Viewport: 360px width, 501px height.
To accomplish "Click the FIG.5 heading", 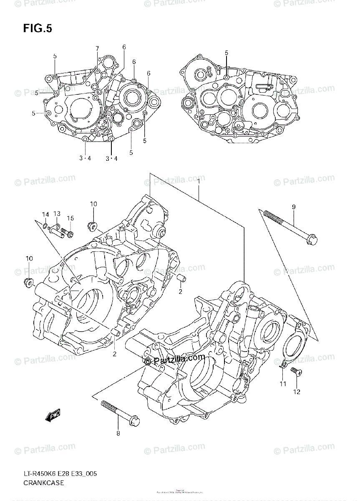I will coord(38,29).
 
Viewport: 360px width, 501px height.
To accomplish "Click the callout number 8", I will coord(118,433).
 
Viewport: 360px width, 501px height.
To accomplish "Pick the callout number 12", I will coord(297,392).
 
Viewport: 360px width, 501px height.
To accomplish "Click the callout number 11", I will coord(283,384).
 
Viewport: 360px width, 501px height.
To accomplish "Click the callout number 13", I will coord(57,213).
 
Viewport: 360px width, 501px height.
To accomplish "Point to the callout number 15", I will coord(70,218).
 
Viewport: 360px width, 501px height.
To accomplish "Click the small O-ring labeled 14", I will coord(45,226).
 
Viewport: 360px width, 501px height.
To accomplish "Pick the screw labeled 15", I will coord(67,230).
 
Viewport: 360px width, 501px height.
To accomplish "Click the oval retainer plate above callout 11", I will coord(292,342).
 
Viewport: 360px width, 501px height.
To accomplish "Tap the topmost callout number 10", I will coord(93,204).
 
